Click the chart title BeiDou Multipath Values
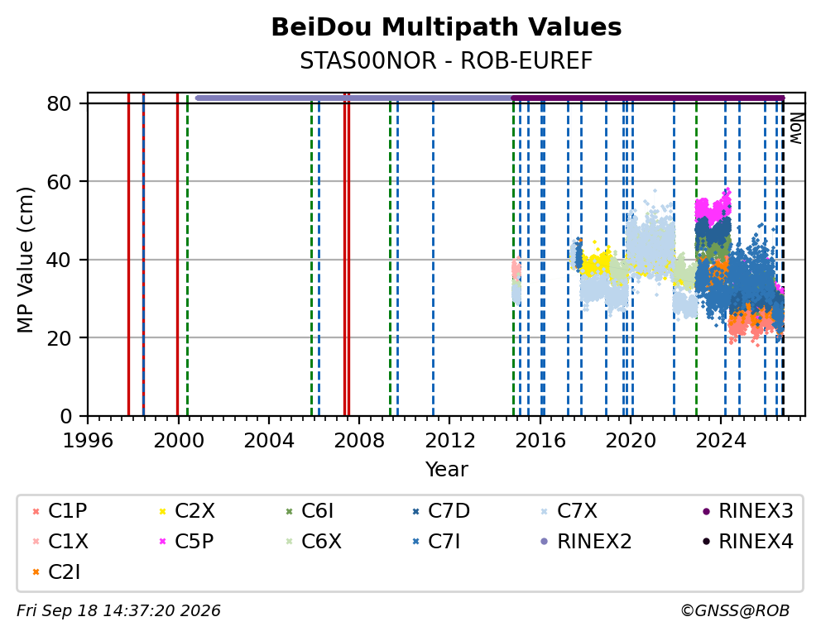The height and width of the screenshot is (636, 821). tap(446, 27)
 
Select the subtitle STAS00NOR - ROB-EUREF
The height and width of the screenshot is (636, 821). tap(446, 61)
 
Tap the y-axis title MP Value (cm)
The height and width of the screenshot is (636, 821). tap(25, 260)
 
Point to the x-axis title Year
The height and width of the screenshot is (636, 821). tap(446, 469)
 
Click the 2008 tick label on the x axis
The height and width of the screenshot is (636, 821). tap(359, 441)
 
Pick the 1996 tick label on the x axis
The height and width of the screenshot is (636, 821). tap(88, 441)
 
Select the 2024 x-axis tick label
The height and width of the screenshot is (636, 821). tap(721, 441)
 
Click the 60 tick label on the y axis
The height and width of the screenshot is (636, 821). tap(59, 181)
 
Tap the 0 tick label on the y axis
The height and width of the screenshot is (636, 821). tap(66, 416)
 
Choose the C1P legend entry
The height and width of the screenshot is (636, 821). tap(60, 511)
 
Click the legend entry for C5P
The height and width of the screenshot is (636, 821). tap(187, 542)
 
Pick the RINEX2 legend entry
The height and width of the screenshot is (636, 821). tap(586, 542)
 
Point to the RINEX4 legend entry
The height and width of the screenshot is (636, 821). tap(747, 542)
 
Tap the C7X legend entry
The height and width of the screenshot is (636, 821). tap(569, 511)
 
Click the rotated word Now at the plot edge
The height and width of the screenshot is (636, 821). tap(796, 129)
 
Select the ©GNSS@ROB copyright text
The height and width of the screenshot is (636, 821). tap(735, 610)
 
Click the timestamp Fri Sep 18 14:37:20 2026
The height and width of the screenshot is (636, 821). tap(119, 610)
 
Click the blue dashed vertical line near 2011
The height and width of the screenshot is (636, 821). tap(433, 260)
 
